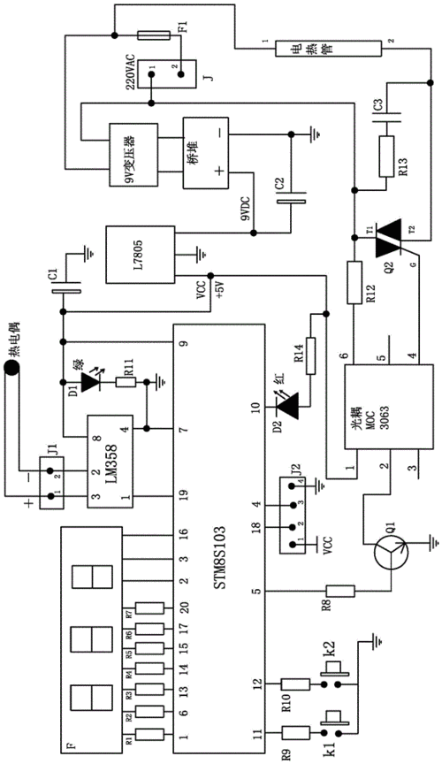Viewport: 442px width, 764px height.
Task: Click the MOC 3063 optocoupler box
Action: (x=389, y=408)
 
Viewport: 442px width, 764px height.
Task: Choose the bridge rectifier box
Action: (x=204, y=152)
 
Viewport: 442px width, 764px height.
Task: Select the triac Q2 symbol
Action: (x=389, y=233)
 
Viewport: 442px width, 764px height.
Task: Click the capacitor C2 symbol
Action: (x=292, y=203)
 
